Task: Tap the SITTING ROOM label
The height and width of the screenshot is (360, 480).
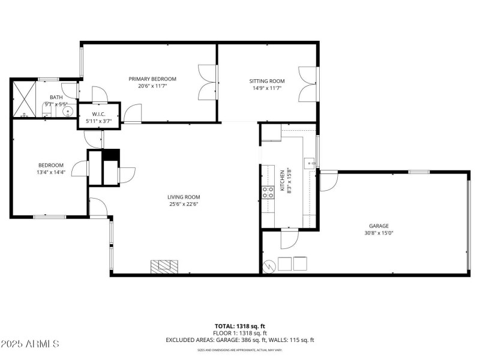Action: [x=267, y=81]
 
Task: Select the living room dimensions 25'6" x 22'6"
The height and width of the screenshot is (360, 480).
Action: [x=184, y=204]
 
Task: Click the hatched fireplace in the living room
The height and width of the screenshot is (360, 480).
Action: [x=164, y=266]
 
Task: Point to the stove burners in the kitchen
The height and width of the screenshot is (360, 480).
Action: [x=268, y=192]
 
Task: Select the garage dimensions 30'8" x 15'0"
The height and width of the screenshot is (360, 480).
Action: [x=379, y=233]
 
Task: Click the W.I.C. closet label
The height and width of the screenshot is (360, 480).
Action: [x=99, y=113]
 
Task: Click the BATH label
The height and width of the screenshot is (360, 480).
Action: [x=56, y=97]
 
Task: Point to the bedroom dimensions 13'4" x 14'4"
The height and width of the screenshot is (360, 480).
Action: [x=51, y=172]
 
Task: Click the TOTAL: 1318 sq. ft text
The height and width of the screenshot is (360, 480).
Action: [x=240, y=325]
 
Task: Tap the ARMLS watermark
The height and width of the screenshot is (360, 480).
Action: [x=30, y=344]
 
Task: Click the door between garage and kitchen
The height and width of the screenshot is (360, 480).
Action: [x=289, y=238]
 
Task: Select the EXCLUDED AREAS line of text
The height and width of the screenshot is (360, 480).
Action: [x=240, y=340]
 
